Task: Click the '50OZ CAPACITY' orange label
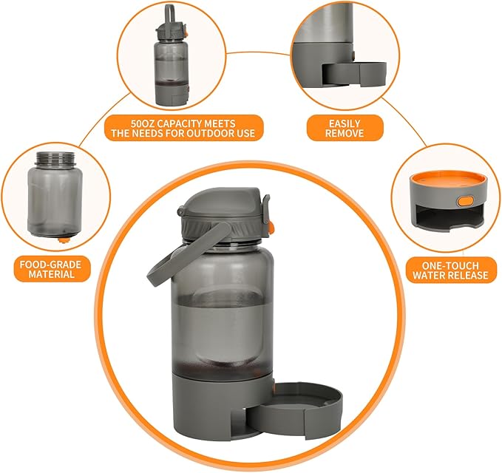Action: [x=183, y=127]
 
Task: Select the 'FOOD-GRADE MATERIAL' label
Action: [x=52, y=268]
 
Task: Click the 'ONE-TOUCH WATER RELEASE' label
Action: [x=451, y=269]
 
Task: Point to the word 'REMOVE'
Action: [x=345, y=134]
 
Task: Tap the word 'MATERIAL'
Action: [x=52, y=274]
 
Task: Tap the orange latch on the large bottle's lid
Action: [x=271, y=223]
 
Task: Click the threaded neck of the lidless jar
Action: [x=56, y=158]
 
